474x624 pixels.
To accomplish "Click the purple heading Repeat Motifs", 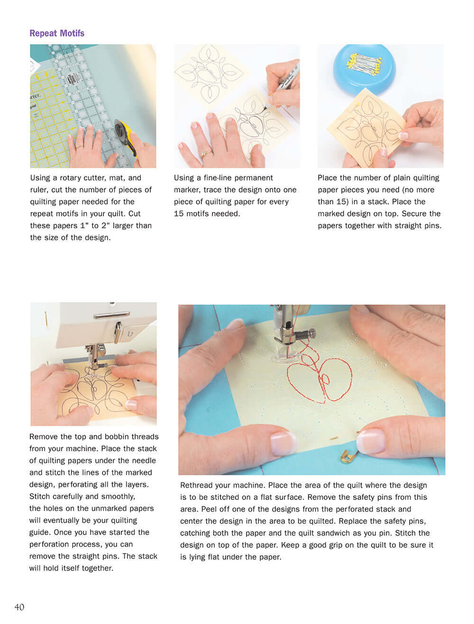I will click(57, 33).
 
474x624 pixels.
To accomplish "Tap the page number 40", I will click(19, 607).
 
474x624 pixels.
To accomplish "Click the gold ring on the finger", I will click(206, 153).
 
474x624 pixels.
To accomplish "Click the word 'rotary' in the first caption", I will click(71, 178).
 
